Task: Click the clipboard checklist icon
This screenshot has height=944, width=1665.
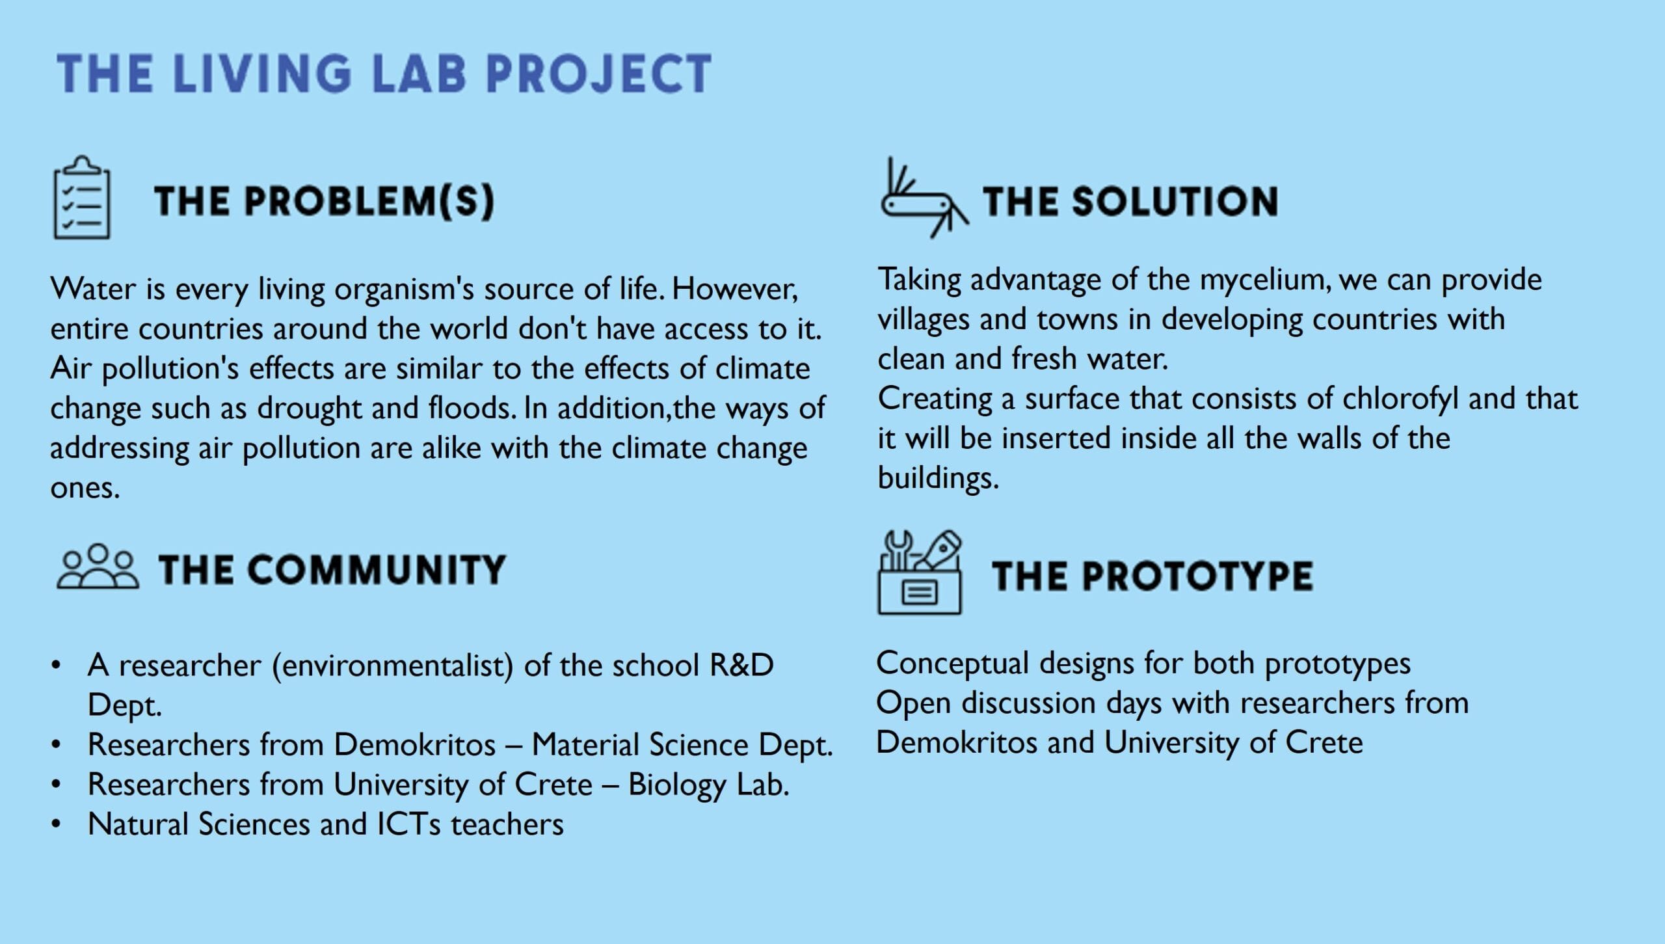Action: (x=81, y=197)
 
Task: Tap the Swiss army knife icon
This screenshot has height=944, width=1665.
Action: (x=924, y=198)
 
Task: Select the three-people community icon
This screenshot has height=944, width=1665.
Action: (x=98, y=567)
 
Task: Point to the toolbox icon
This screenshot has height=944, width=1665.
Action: (x=919, y=573)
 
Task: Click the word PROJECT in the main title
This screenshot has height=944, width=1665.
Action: (x=598, y=73)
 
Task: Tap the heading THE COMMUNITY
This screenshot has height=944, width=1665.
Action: (x=332, y=569)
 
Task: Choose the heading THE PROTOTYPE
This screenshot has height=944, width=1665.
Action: (x=1152, y=576)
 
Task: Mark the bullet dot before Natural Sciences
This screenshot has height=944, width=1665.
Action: (x=57, y=824)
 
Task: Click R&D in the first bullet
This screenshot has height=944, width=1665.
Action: (x=741, y=665)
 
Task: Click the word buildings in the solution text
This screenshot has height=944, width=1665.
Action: (x=938, y=478)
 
